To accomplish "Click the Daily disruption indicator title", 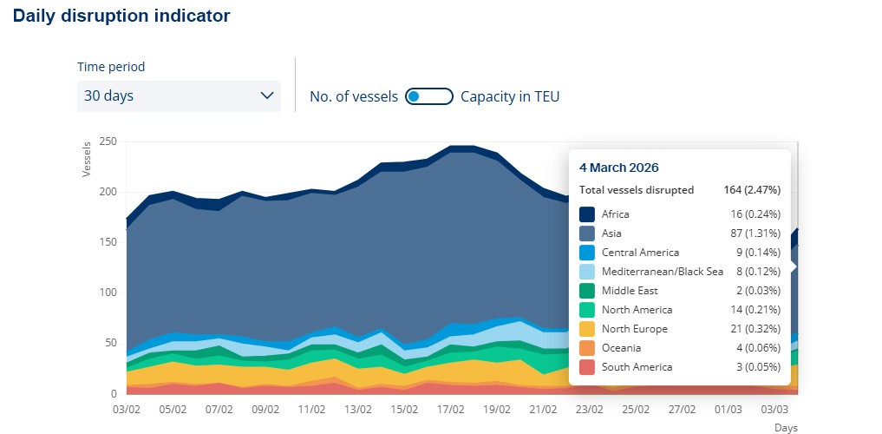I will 122,16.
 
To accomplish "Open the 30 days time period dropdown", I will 178,95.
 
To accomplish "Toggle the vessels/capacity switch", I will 429,96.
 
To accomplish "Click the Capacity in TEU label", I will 510,96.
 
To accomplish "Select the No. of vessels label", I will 353,96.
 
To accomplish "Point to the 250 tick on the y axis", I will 108,141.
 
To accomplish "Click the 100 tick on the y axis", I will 108,293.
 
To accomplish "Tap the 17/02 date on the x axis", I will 449,409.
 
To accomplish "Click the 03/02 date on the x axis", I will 127,409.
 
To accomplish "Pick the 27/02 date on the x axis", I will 682,409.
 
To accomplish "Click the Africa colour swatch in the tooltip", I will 587,214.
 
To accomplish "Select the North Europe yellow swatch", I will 587,329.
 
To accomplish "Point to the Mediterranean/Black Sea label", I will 662,272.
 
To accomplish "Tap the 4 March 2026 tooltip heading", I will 618,168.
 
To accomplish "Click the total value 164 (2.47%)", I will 751,190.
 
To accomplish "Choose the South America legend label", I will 637,367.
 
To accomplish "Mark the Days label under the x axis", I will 785,428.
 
